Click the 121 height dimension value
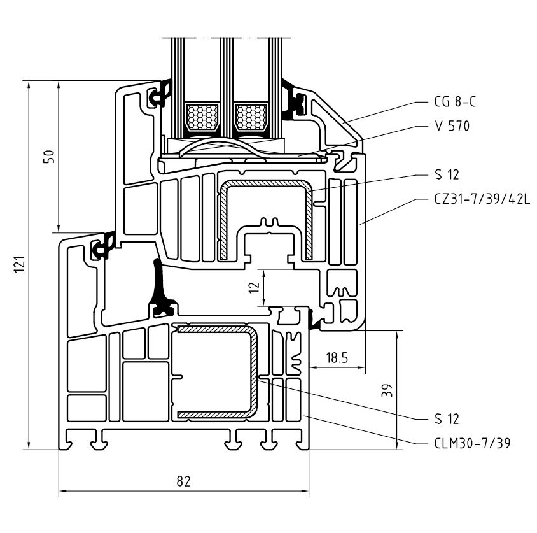click(x=18, y=264)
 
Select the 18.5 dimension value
click(x=337, y=358)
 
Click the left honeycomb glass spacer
click(x=200, y=116)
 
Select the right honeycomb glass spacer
click(x=251, y=116)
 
